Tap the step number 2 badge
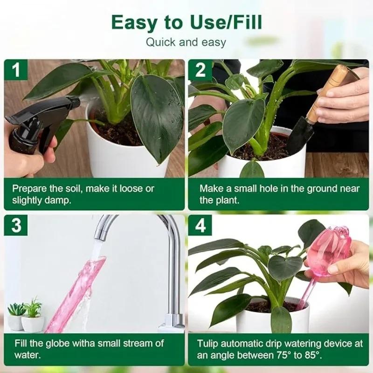pos(200,70)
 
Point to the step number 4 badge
pos(200,225)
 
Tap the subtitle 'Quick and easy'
pos(186,42)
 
